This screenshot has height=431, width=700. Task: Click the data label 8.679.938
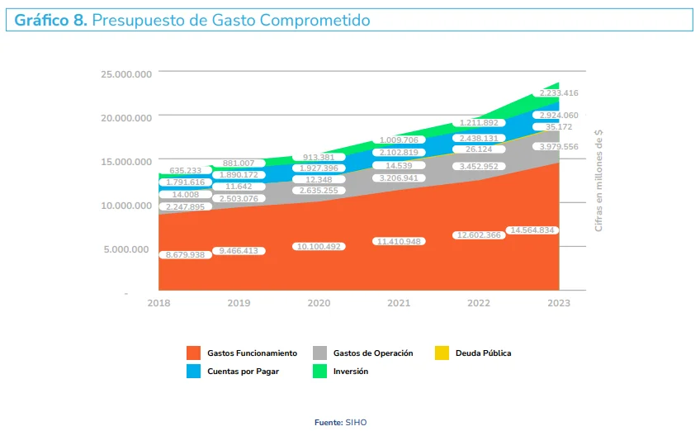coord(185,255)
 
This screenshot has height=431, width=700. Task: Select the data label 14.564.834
coord(532,230)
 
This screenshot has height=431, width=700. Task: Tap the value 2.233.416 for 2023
coord(559,93)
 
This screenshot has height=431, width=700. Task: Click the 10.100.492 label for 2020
coord(319,246)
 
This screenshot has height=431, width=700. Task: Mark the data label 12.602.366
coord(479,235)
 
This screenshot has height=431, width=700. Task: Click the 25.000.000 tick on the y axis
coord(126,73)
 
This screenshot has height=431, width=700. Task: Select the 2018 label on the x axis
coord(159,304)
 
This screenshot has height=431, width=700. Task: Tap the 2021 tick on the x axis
coord(399,304)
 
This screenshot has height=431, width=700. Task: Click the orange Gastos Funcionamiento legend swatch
coord(194,353)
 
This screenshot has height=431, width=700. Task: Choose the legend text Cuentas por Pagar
coord(243,372)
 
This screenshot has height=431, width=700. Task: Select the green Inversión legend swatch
coord(320,372)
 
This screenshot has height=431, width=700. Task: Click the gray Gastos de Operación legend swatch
coord(320,353)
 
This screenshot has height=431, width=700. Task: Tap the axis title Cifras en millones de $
coord(599,179)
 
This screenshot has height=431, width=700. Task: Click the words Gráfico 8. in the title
coord(50,20)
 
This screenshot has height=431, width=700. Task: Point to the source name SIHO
coord(356,423)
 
